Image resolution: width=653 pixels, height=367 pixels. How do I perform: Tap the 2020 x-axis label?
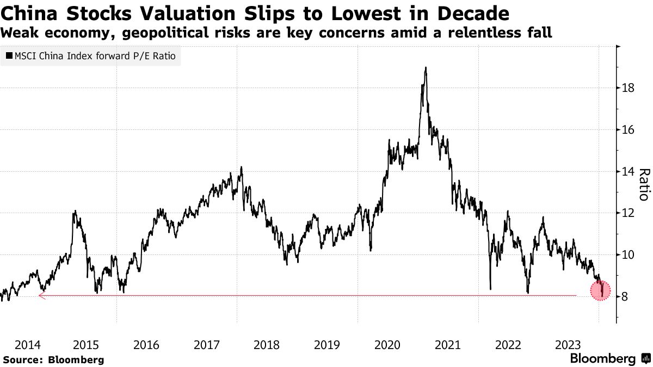coord(388,344)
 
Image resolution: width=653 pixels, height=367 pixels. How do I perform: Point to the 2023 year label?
coord(567,344)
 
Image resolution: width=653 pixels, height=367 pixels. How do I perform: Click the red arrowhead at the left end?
coord(41,296)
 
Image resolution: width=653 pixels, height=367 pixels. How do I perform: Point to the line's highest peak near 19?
coord(425,68)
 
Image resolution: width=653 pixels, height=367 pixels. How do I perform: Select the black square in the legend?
coord(9,55)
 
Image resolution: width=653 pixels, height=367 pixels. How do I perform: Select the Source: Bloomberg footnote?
coord(53,359)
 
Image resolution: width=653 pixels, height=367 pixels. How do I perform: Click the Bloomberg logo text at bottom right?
coord(602,359)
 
